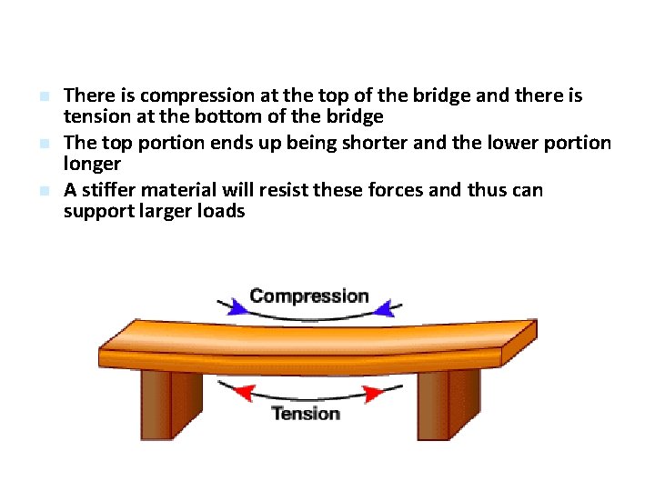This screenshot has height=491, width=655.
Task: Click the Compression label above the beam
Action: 308,296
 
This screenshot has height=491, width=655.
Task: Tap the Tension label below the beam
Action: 305,414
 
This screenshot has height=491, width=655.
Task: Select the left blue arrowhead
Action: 237,306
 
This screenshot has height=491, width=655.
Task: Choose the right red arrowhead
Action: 373,394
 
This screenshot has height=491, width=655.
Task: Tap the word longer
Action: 92,165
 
